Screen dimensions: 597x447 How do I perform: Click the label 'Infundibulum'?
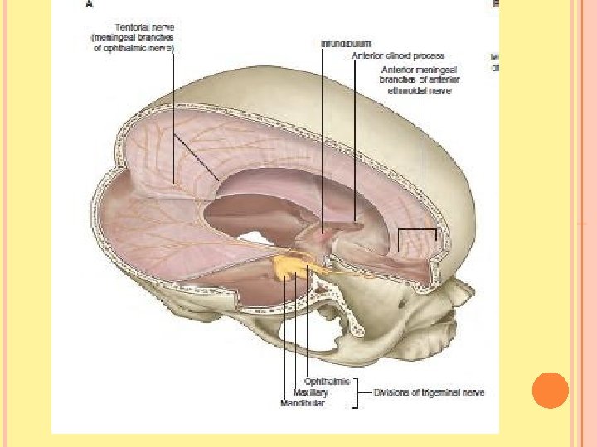point(346,42)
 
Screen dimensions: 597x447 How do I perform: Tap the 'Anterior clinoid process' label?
point(397,55)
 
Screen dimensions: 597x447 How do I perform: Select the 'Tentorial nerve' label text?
point(144,27)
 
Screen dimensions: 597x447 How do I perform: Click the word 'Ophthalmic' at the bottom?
point(327,382)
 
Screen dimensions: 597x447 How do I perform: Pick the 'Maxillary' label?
point(311,392)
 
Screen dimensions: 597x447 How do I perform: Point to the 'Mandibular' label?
point(303,403)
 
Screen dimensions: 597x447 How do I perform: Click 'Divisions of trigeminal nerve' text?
point(429,392)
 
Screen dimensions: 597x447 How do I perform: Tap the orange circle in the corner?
point(550,390)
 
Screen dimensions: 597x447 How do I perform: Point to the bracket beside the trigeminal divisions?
point(358,392)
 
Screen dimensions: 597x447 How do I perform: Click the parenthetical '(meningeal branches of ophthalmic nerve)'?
point(137,42)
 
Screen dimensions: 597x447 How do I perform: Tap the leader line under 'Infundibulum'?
point(324,132)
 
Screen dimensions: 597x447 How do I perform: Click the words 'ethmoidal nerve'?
point(420,91)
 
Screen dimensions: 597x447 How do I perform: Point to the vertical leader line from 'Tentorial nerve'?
point(173,116)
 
